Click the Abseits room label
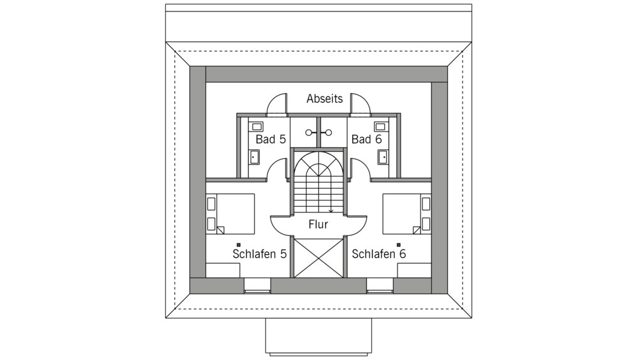click(x=324, y=98)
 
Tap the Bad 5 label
click(x=271, y=139)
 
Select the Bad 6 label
click(x=367, y=139)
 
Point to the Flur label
click(x=318, y=225)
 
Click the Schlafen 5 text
click(x=260, y=254)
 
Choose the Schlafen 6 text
click(x=379, y=254)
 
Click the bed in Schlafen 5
click(x=231, y=214)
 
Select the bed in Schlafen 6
click(x=406, y=214)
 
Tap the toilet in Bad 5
click(x=255, y=157)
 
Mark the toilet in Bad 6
click(x=383, y=157)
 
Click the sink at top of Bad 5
click(x=256, y=126)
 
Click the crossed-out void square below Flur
click(x=318, y=258)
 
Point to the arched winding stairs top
click(x=318, y=164)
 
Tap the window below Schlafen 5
click(x=257, y=285)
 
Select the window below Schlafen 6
click(x=380, y=285)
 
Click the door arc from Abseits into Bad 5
click(x=277, y=104)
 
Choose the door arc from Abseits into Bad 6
click(x=360, y=104)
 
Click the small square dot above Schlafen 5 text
click(x=239, y=244)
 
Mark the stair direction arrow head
click(x=330, y=211)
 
